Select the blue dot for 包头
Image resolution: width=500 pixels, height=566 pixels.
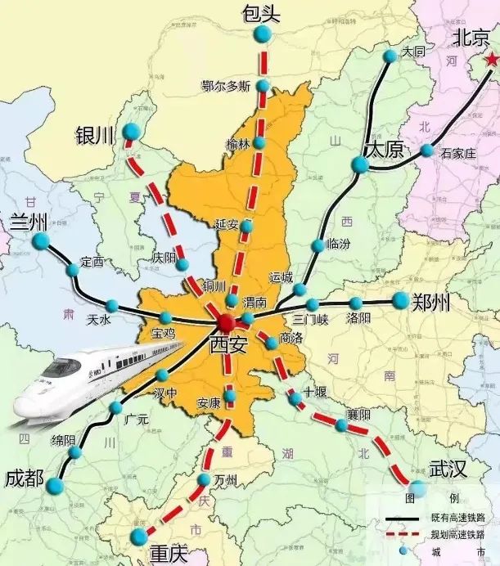tap(263, 33)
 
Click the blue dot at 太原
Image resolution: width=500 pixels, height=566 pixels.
tap(360, 165)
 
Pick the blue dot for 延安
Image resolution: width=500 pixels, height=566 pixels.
tap(248, 225)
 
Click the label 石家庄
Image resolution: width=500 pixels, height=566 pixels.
tap(457, 152)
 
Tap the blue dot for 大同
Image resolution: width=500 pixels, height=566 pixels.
tap(390, 55)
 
